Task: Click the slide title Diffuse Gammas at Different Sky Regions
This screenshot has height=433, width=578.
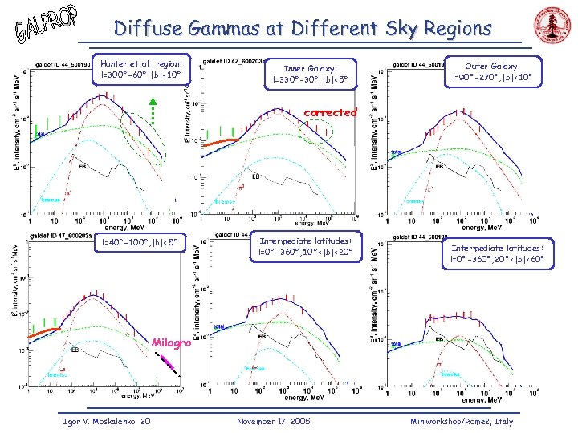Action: [303, 29]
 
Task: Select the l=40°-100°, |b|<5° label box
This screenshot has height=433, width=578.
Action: [133, 242]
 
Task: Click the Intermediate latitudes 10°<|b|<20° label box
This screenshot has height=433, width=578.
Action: [305, 246]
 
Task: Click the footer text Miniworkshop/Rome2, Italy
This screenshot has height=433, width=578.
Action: [461, 421]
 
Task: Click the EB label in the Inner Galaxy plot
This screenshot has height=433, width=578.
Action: [256, 176]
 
